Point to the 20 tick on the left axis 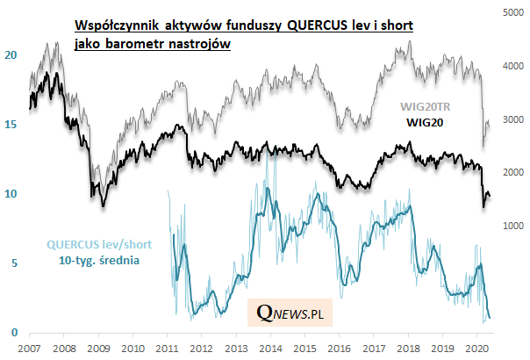coord(11,54)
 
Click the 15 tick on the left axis coord(11,125)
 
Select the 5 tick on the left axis coord(13,263)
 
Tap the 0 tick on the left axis coord(13,332)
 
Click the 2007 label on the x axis coord(30,349)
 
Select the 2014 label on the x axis coord(270,349)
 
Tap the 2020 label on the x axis coord(476,349)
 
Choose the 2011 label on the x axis coord(168,349)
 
